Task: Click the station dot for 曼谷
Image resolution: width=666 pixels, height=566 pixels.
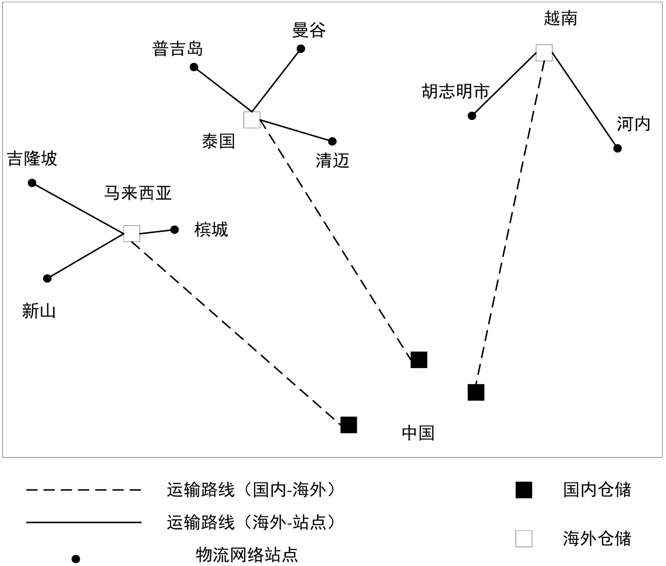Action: (301, 49)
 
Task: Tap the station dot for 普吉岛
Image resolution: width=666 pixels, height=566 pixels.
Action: (194, 67)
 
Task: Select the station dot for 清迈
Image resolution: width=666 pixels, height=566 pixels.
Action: (332, 142)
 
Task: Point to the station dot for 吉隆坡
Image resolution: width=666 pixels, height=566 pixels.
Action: (32, 183)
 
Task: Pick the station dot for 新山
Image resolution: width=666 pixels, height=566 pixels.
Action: (47, 278)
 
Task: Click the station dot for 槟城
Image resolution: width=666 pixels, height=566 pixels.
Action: (175, 229)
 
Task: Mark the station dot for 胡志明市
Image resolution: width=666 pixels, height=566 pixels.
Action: (472, 116)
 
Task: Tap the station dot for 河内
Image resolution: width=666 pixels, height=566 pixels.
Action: (618, 148)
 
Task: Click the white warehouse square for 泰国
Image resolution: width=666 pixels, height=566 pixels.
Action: (252, 120)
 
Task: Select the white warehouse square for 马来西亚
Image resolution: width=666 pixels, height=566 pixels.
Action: (132, 234)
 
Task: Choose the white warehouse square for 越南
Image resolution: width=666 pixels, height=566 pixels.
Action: (544, 53)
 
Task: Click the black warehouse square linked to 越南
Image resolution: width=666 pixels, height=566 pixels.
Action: (476, 392)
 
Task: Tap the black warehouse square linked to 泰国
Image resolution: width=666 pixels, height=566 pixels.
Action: (419, 360)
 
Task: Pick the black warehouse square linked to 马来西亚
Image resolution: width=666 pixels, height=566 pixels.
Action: (349, 425)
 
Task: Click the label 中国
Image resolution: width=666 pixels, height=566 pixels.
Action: (418, 433)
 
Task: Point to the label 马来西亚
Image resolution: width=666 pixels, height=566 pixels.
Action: (137, 193)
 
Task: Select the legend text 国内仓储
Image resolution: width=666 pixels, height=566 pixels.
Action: (596, 490)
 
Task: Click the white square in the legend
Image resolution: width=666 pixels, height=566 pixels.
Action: (524, 539)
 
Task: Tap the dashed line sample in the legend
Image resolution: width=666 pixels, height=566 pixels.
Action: (84, 490)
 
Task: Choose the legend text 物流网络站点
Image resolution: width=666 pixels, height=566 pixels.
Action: (247, 555)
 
